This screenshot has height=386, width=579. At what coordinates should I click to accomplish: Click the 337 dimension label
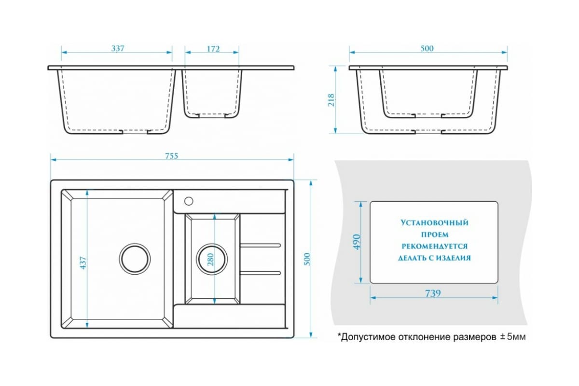click(118, 49)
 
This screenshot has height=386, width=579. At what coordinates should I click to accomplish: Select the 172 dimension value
click(213, 49)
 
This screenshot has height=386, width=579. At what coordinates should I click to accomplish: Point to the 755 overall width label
click(172, 155)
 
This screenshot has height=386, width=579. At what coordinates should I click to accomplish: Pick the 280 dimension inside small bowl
click(211, 259)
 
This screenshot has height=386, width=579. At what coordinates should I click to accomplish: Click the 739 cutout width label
click(433, 293)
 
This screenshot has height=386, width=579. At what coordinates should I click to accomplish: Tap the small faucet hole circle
click(189, 200)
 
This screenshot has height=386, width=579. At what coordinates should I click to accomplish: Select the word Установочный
click(434, 223)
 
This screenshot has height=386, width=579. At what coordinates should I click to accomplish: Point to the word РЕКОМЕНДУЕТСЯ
click(434, 246)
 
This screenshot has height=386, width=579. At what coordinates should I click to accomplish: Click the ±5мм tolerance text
click(510, 337)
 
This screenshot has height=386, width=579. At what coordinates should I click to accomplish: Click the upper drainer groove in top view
click(261, 245)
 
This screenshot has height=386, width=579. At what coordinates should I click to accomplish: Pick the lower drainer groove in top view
click(261, 272)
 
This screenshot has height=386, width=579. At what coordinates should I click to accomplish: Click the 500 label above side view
click(427, 49)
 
